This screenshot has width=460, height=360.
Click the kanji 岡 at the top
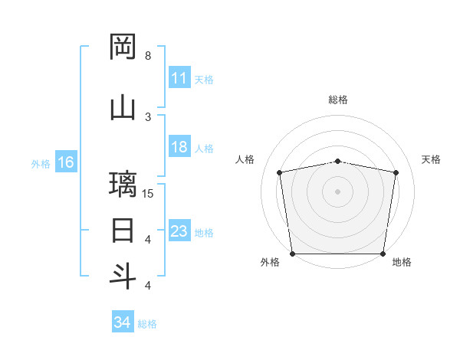(123, 47)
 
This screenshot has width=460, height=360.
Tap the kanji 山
(123, 107)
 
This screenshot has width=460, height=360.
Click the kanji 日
(123, 230)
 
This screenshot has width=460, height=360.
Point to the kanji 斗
(123, 275)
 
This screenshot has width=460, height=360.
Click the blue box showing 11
(179, 78)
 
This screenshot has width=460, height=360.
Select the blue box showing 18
(179, 147)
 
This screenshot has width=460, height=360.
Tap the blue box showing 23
(179, 231)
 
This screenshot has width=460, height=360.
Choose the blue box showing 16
(65, 162)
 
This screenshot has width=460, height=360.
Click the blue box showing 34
(122, 322)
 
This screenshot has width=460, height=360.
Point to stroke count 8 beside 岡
(148, 56)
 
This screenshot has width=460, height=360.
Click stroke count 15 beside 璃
(148, 193)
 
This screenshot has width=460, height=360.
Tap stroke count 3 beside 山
(148, 116)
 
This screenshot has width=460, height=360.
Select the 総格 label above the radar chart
(338, 100)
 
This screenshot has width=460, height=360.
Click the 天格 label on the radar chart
(432, 159)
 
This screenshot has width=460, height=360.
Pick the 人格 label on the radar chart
(245, 159)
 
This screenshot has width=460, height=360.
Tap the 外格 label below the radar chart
(270, 262)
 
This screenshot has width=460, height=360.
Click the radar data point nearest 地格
(383, 254)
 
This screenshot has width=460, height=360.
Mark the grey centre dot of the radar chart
(338, 191)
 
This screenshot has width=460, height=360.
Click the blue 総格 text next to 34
(147, 323)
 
